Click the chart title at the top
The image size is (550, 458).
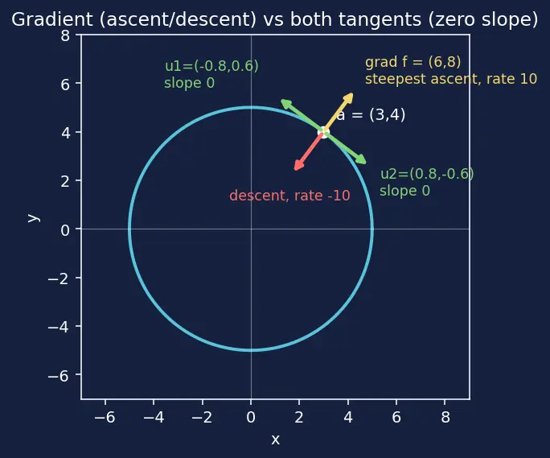275,19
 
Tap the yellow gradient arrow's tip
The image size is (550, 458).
352,93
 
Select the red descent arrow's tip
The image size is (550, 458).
295,170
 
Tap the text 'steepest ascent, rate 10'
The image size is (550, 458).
451,79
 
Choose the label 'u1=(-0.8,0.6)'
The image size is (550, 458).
211,66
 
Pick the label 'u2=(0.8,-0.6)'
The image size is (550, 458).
427,174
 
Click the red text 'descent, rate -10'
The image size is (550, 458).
289,196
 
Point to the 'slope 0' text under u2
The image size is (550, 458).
404,191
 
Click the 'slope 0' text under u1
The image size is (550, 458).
190,83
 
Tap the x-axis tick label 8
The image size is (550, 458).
445,417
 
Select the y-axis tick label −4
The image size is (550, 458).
58,327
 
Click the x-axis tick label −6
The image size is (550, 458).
105,417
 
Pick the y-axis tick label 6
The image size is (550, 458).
65,85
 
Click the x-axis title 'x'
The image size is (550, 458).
275,439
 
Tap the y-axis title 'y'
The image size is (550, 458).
34,218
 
